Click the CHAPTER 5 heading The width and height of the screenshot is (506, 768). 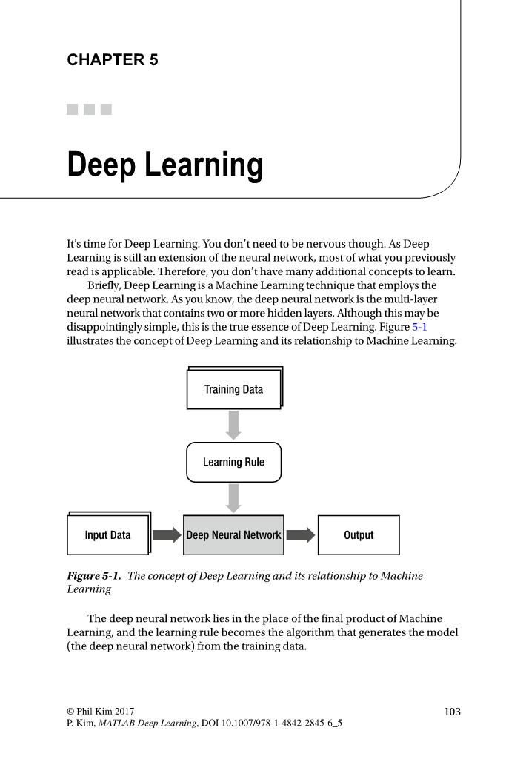[113, 60]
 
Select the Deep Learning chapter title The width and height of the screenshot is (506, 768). [164, 165]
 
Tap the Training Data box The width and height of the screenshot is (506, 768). [233, 389]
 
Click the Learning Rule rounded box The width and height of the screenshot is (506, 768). [233, 462]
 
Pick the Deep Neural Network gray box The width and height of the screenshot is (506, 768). [233, 535]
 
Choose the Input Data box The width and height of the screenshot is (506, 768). [107, 535]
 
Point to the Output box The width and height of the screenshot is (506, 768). [359, 535]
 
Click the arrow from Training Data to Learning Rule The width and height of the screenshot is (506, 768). [233, 425]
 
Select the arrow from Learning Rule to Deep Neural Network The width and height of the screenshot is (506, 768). [233, 497]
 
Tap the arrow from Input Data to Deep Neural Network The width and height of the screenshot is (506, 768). [167, 535]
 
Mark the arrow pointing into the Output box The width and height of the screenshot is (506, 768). [300, 535]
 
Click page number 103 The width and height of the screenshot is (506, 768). [452, 712]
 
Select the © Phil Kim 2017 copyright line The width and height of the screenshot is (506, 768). [101, 712]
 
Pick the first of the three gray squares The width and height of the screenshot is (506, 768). [73, 109]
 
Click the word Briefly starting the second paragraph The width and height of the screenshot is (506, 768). [105, 285]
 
